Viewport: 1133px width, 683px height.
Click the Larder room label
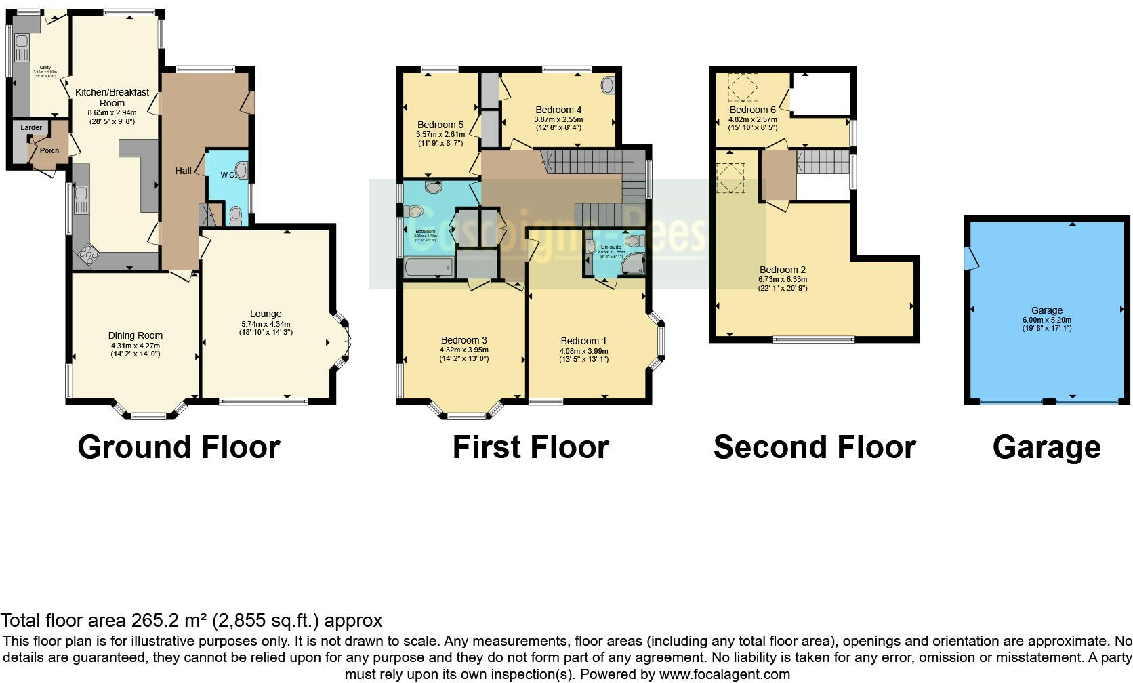pos(31,127)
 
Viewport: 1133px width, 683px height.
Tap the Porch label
pos(49,150)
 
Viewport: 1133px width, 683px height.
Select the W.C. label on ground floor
pos(228,175)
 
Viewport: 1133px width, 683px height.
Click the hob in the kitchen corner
pos(89,255)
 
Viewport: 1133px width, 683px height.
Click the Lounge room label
pos(266,314)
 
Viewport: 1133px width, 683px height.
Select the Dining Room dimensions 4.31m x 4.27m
pos(136,345)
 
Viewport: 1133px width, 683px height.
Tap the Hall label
pos(183,171)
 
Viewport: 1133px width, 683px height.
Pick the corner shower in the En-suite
pos(635,264)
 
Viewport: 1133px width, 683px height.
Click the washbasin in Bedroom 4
pos(608,85)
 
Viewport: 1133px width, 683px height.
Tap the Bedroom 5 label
pos(440,125)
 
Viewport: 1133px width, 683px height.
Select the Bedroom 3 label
pos(464,340)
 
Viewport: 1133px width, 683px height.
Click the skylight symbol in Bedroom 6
pos(743,87)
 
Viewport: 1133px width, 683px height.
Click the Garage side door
pos(972,257)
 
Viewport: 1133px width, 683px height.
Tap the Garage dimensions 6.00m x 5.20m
pos(1047,320)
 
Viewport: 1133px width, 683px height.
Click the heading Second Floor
pos(815,447)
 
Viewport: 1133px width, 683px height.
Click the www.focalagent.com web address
pos(724,674)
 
